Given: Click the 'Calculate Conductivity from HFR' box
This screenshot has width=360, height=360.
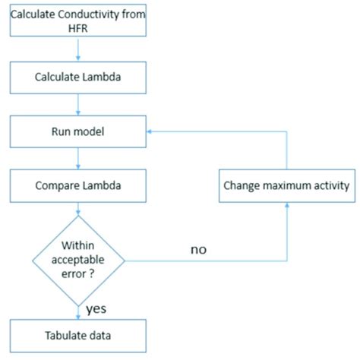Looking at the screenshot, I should tap(78, 20).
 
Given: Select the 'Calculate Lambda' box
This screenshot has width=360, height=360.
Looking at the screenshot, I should tap(78, 77).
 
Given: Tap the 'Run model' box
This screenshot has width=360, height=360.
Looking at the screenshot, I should tap(78, 131).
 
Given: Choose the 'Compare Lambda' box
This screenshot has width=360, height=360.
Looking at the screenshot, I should tap(78, 185).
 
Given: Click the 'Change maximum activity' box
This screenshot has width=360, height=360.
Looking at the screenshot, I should tap(287, 185).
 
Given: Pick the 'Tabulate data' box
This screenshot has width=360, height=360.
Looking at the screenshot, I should tap(78, 335).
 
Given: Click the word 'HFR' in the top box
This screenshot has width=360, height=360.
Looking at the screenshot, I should tap(78, 28).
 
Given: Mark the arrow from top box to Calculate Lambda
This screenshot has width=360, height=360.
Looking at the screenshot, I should tap(78, 49).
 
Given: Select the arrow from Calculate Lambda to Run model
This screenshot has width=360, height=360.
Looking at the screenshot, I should tap(78, 104).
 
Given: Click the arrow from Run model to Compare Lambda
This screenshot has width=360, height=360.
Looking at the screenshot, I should tap(78, 158).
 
